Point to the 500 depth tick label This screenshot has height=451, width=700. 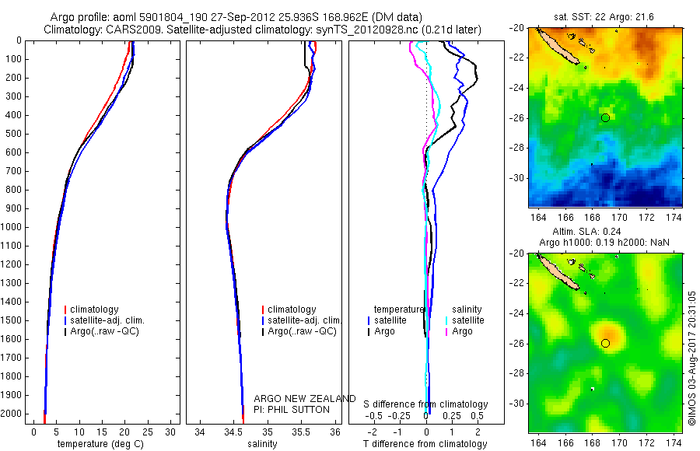(13, 134)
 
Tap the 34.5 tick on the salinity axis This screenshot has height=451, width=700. (234, 432)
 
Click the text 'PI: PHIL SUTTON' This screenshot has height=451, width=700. (292, 409)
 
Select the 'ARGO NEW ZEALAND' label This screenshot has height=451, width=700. (305, 399)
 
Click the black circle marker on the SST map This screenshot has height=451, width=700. (605, 117)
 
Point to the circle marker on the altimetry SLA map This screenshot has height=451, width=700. (605, 343)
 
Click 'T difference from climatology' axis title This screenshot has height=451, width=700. (427, 444)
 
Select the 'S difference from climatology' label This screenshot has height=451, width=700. (426, 404)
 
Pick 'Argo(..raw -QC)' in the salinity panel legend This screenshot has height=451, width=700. (302, 331)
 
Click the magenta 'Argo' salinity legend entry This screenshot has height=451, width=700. (462, 331)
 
